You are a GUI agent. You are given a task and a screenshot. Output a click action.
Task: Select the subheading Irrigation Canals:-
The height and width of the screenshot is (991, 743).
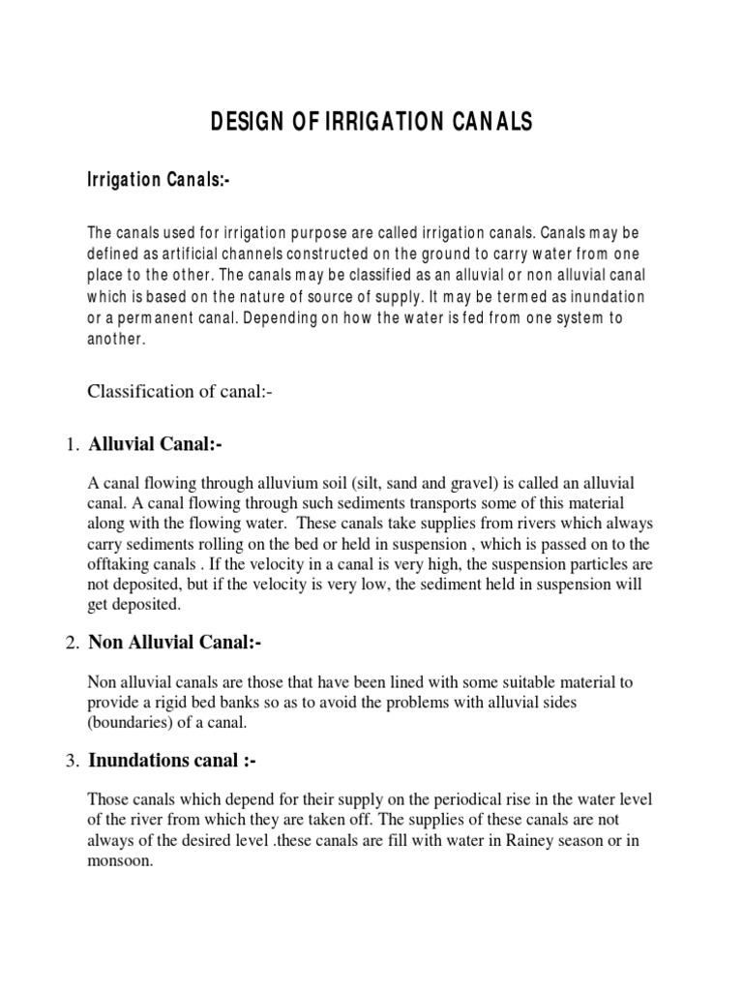(x=158, y=181)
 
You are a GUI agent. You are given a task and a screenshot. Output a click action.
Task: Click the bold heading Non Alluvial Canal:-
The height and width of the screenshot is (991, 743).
(x=175, y=641)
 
